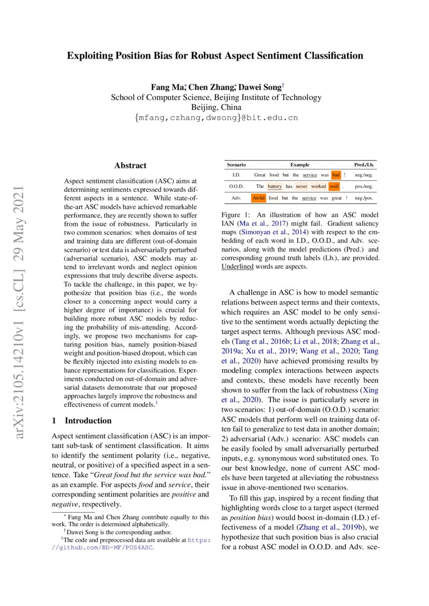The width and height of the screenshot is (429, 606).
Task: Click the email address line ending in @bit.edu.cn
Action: tap(216, 118)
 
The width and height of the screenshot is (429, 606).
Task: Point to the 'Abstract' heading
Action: tap(130, 165)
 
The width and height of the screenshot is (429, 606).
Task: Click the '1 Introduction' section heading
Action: tap(82, 420)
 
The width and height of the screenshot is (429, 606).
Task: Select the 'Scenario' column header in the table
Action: tap(236, 164)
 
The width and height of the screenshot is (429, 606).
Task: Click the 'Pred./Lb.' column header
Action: tap(364, 164)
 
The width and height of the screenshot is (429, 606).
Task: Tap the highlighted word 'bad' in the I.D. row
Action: tap(336, 175)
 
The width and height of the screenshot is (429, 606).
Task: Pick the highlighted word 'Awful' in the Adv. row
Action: tap(258, 198)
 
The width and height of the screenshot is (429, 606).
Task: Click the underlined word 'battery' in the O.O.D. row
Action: tap(274, 186)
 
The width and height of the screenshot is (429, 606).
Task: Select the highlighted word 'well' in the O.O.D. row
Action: tap(334, 186)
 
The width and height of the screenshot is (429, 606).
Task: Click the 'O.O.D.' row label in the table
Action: tap(236, 186)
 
